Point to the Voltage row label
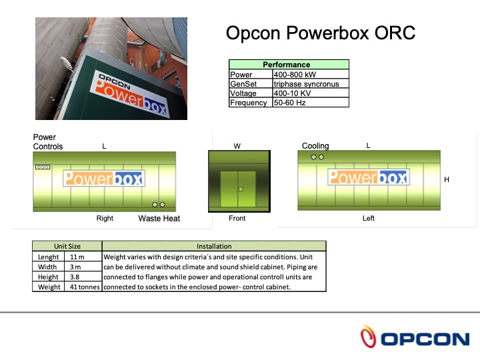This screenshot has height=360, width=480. click(243, 93)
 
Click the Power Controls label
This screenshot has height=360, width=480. click(48, 142)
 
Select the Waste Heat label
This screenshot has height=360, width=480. click(159, 218)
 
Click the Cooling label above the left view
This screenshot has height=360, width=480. click(315, 146)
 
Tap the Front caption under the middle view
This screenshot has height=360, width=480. click(237, 218)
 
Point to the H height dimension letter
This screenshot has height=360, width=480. click(447, 179)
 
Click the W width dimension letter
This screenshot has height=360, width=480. click(237, 146)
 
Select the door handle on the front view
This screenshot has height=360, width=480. click(239, 189)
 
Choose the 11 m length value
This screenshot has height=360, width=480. click(77, 257)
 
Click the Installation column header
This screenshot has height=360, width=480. click(214, 246)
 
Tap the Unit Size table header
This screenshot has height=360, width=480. click(67, 246)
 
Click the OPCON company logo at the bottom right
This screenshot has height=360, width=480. click(414, 338)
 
